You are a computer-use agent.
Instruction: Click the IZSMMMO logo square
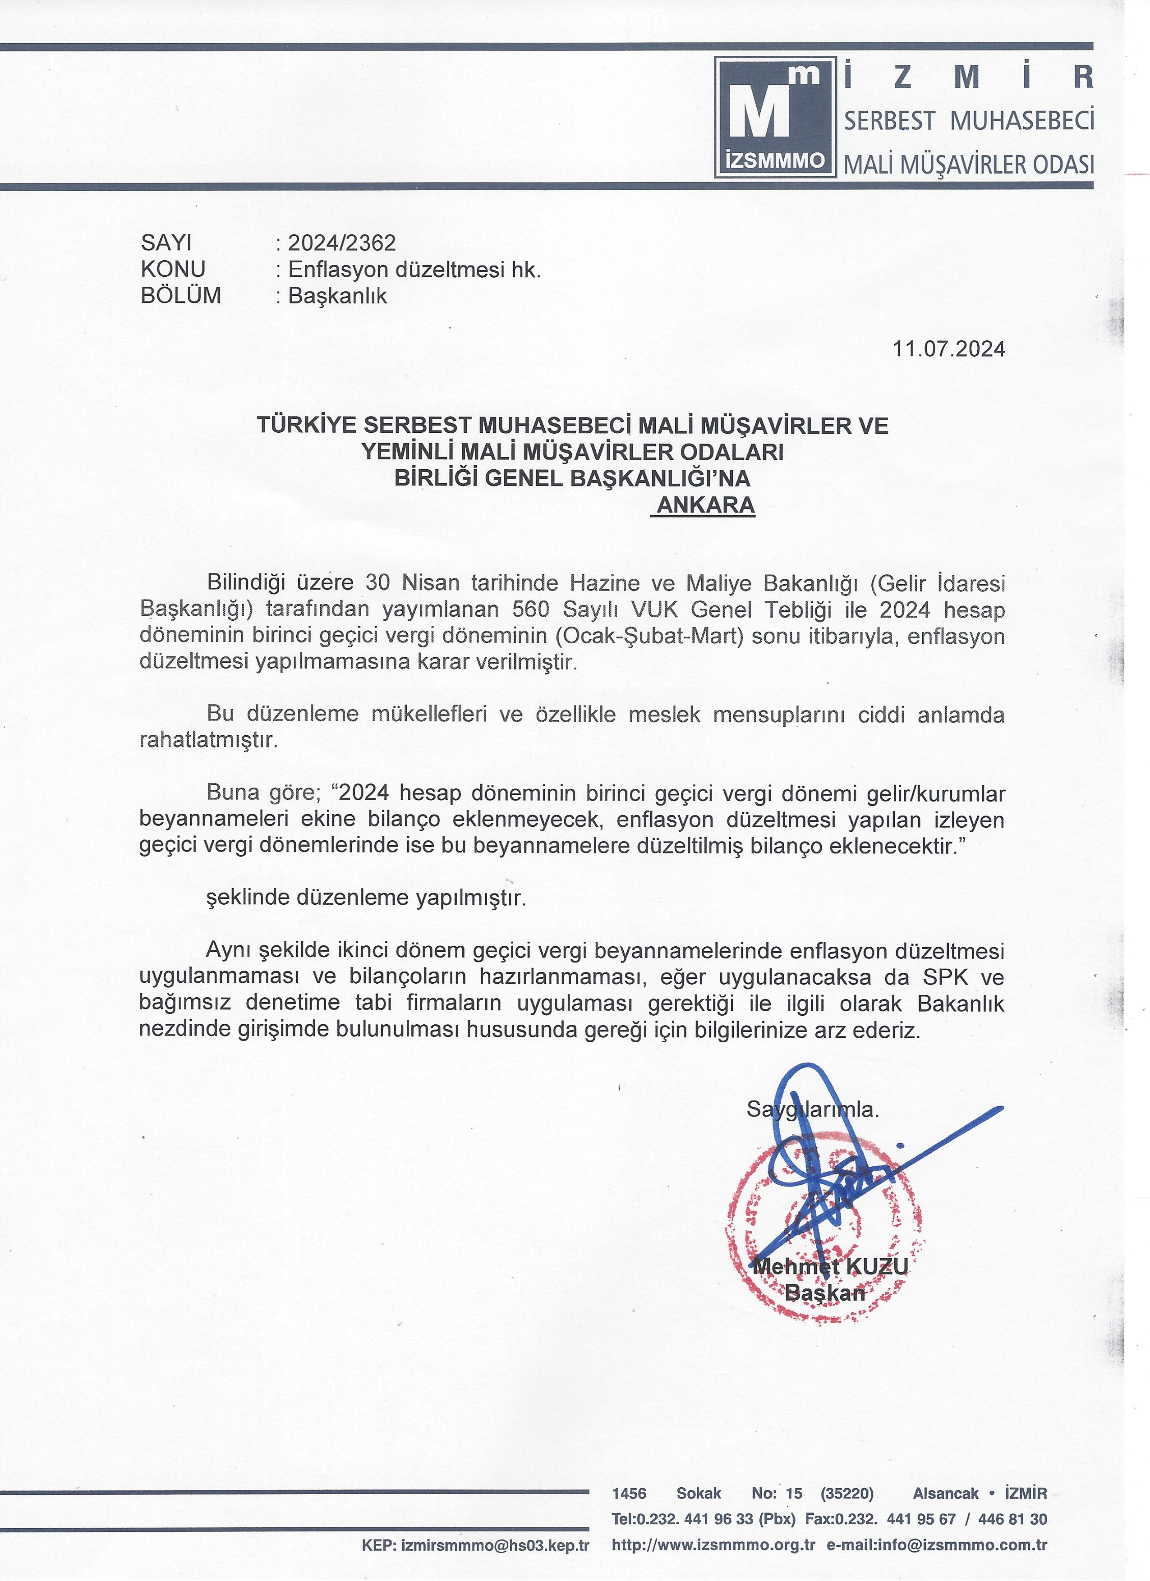tap(775, 116)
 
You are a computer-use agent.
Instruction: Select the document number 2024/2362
tap(342, 243)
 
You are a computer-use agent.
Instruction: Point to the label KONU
tap(173, 269)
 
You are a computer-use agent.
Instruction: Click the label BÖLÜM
tap(181, 296)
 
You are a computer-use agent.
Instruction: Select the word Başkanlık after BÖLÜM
tap(337, 296)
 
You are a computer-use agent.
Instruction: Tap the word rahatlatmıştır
tap(208, 740)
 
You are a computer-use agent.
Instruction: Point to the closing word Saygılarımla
tap(813, 1109)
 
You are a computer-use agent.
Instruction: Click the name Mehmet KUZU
tap(830, 1266)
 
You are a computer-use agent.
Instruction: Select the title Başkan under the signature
tap(824, 1293)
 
